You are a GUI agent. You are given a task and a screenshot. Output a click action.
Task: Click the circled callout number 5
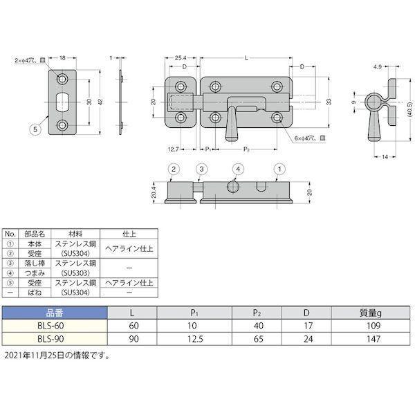tap(35, 129)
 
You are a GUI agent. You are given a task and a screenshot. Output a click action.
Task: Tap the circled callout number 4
tap(238, 169)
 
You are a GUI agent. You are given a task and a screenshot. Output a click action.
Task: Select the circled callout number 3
tap(201, 169)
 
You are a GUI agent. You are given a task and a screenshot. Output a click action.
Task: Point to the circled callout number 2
tap(174, 169)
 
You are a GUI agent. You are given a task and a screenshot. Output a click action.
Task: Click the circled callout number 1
tap(279, 169)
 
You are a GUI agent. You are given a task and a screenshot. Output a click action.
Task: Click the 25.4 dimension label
tap(181, 57)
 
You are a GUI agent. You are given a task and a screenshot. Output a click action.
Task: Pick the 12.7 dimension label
tap(174, 149)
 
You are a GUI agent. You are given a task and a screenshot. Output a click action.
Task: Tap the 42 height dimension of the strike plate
tap(100, 102)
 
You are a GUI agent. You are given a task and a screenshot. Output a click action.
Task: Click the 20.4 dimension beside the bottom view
tap(154, 192)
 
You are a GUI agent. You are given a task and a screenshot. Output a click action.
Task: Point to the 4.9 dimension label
tap(378, 67)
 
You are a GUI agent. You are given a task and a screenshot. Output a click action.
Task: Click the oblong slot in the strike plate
tap(62, 102)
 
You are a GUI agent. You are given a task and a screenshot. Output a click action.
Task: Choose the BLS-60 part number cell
tap(50, 326)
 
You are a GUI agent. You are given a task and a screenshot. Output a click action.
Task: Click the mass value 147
tap(373, 339)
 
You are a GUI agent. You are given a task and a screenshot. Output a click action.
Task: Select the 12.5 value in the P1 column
tap(195, 339)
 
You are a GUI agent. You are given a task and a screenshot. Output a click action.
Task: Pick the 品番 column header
tap(55, 313)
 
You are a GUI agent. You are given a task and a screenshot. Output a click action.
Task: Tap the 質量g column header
tap(371, 313)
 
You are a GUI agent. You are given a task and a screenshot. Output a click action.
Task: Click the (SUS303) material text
tap(75, 273)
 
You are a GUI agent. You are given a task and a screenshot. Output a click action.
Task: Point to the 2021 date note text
tap(57, 356)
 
